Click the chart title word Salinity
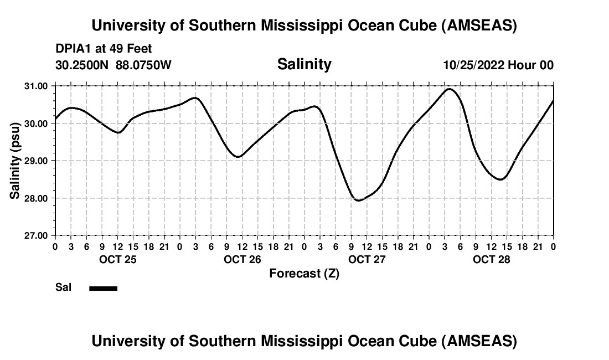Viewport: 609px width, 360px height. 304,64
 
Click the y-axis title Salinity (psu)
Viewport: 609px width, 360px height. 15,161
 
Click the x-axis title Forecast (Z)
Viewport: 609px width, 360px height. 304,273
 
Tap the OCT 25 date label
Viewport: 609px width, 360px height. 117,260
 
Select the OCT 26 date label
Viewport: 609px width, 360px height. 242,260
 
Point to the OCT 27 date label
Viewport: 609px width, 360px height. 367,260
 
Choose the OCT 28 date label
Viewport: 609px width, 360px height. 491,260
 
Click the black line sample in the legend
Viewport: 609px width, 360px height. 103,288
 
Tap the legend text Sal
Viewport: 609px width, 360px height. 63,288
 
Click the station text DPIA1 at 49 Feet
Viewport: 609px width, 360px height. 104,49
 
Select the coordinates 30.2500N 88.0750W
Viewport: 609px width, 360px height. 113,65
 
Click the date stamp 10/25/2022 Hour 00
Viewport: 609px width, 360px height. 498,65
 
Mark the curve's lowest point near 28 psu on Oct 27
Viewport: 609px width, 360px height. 358,200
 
